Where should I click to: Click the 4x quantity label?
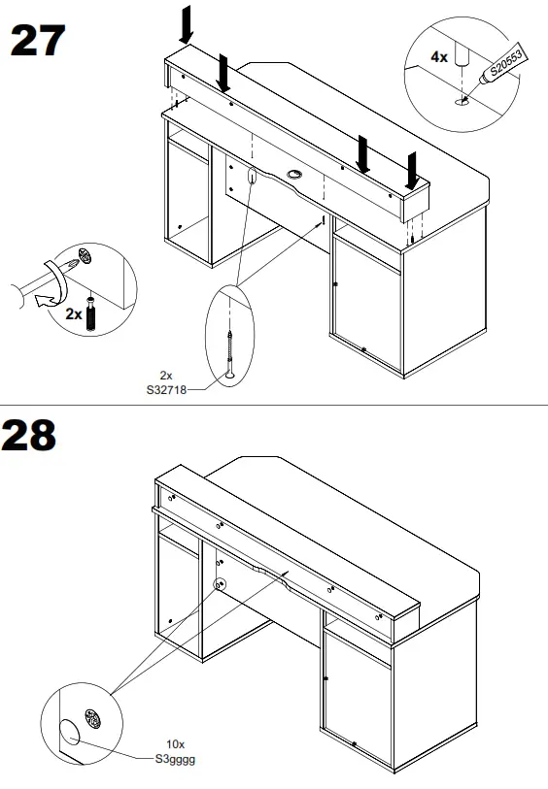pos(439,57)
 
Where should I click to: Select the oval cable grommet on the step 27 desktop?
pos(295,176)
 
